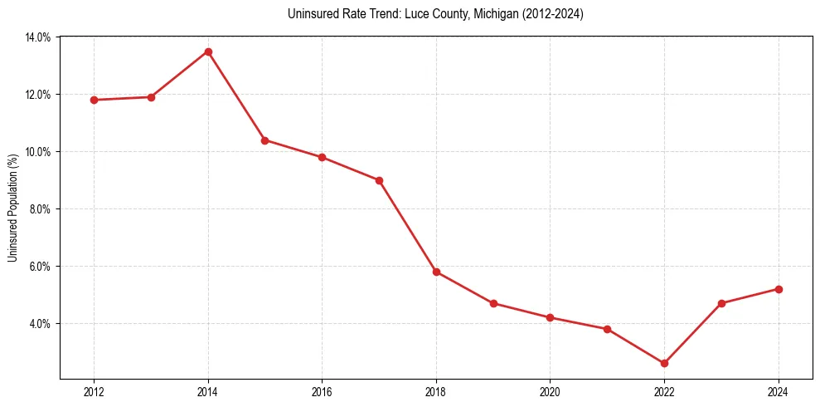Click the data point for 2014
(208, 51)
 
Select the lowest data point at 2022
(664, 363)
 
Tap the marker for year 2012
(94, 100)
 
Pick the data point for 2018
(436, 272)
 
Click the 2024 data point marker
(779, 289)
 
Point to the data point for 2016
(322, 157)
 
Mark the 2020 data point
(550, 317)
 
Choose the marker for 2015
(264, 140)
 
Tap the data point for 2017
(379, 180)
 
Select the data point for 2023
(721, 303)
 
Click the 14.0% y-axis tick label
(38, 37)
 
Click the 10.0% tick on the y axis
(38, 152)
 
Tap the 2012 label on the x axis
(94, 392)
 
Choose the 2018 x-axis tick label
(436, 392)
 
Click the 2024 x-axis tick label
(779, 392)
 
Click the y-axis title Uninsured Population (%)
(12, 208)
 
